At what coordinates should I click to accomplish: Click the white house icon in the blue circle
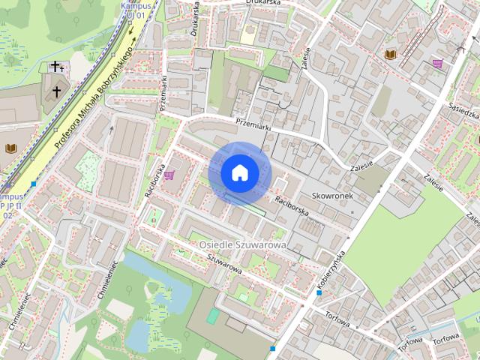pos(239,173)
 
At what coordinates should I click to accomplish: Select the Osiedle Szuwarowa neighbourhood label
pos(243,245)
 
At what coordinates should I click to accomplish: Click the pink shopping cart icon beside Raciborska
pos(170,175)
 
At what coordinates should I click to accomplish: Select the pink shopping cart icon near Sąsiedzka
pos(436,63)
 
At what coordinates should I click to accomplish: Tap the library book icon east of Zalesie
pos(389,55)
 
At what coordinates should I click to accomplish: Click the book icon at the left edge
pos(10,148)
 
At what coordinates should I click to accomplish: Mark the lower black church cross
pos(56,91)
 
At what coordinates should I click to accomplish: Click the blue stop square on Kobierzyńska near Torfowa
pos(319,292)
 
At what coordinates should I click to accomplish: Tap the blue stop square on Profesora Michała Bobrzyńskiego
pos(34,184)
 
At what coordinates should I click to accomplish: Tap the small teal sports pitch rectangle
pos(212,316)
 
